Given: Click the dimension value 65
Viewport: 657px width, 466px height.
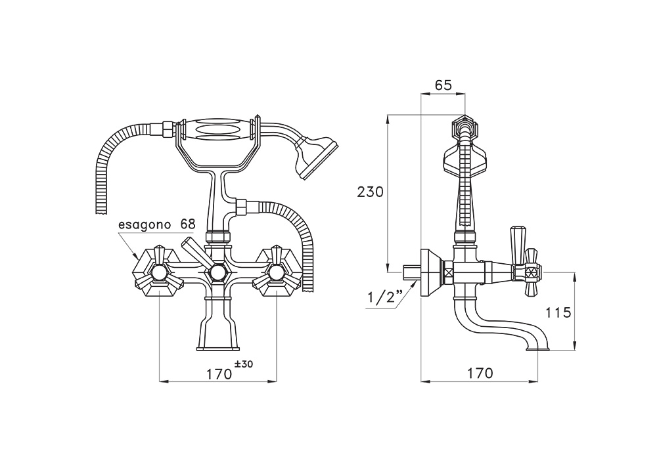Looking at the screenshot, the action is (443, 85).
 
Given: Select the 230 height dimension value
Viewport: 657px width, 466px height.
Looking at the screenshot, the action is (371, 192).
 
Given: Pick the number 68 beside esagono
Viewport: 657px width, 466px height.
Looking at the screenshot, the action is (188, 224).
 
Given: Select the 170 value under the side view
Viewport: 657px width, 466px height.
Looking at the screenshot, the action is (480, 373).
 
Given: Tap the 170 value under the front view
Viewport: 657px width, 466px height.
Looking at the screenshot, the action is (219, 373).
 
